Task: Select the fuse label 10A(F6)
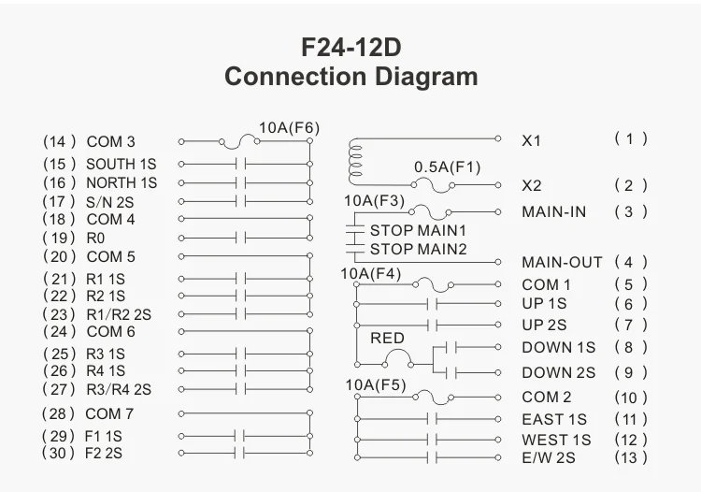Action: tap(289, 128)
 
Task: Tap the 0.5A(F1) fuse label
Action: tap(447, 167)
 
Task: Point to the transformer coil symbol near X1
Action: tap(355, 163)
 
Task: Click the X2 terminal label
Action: tap(532, 186)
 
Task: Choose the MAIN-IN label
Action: tap(554, 211)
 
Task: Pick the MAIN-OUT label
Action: tap(562, 262)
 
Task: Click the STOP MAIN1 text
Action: tap(418, 230)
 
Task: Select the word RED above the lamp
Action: tap(388, 338)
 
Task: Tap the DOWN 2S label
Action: tap(559, 372)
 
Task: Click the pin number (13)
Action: tap(631, 457)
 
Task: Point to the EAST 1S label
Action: tap(555, 420)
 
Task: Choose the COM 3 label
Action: tap(110, 142)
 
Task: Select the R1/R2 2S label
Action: tap(119, 314)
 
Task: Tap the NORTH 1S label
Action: tap(122, 183)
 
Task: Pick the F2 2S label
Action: tap(104, 453)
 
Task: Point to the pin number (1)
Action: tap(631, 138)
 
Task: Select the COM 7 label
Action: tap(109, 413)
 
